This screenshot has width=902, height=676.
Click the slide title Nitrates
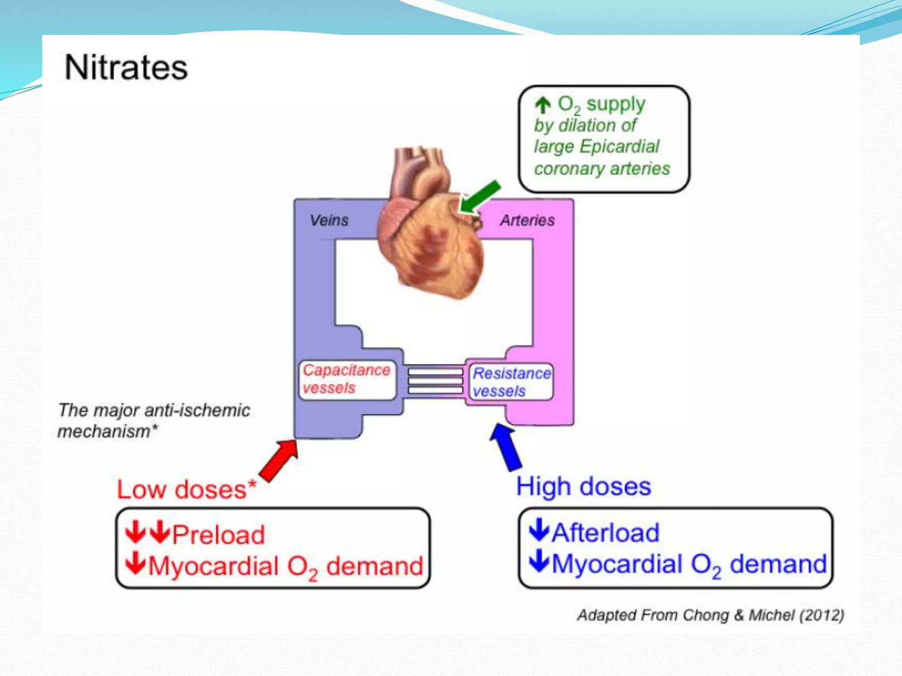click(126, 68)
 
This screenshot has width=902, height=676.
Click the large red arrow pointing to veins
click(278, 460)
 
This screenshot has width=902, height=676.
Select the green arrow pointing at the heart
click(479, 198)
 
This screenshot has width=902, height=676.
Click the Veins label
click(329, 220)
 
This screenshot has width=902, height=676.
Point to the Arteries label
click(527, 220)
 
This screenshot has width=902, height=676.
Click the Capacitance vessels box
click(347, 379)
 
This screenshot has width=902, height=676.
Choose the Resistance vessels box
click(511, 382)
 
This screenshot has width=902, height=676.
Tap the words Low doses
click(181, 489)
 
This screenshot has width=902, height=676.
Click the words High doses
click(584, 486)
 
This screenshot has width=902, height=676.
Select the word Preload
click(218, 535)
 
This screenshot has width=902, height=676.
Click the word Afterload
click(606, 533)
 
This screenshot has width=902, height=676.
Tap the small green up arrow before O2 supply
click(543, 105)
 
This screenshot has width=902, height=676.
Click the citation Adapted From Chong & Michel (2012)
click(710, 615)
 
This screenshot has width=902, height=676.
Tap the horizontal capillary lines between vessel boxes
click(435, 381)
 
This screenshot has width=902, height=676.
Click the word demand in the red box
click(374, 566)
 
